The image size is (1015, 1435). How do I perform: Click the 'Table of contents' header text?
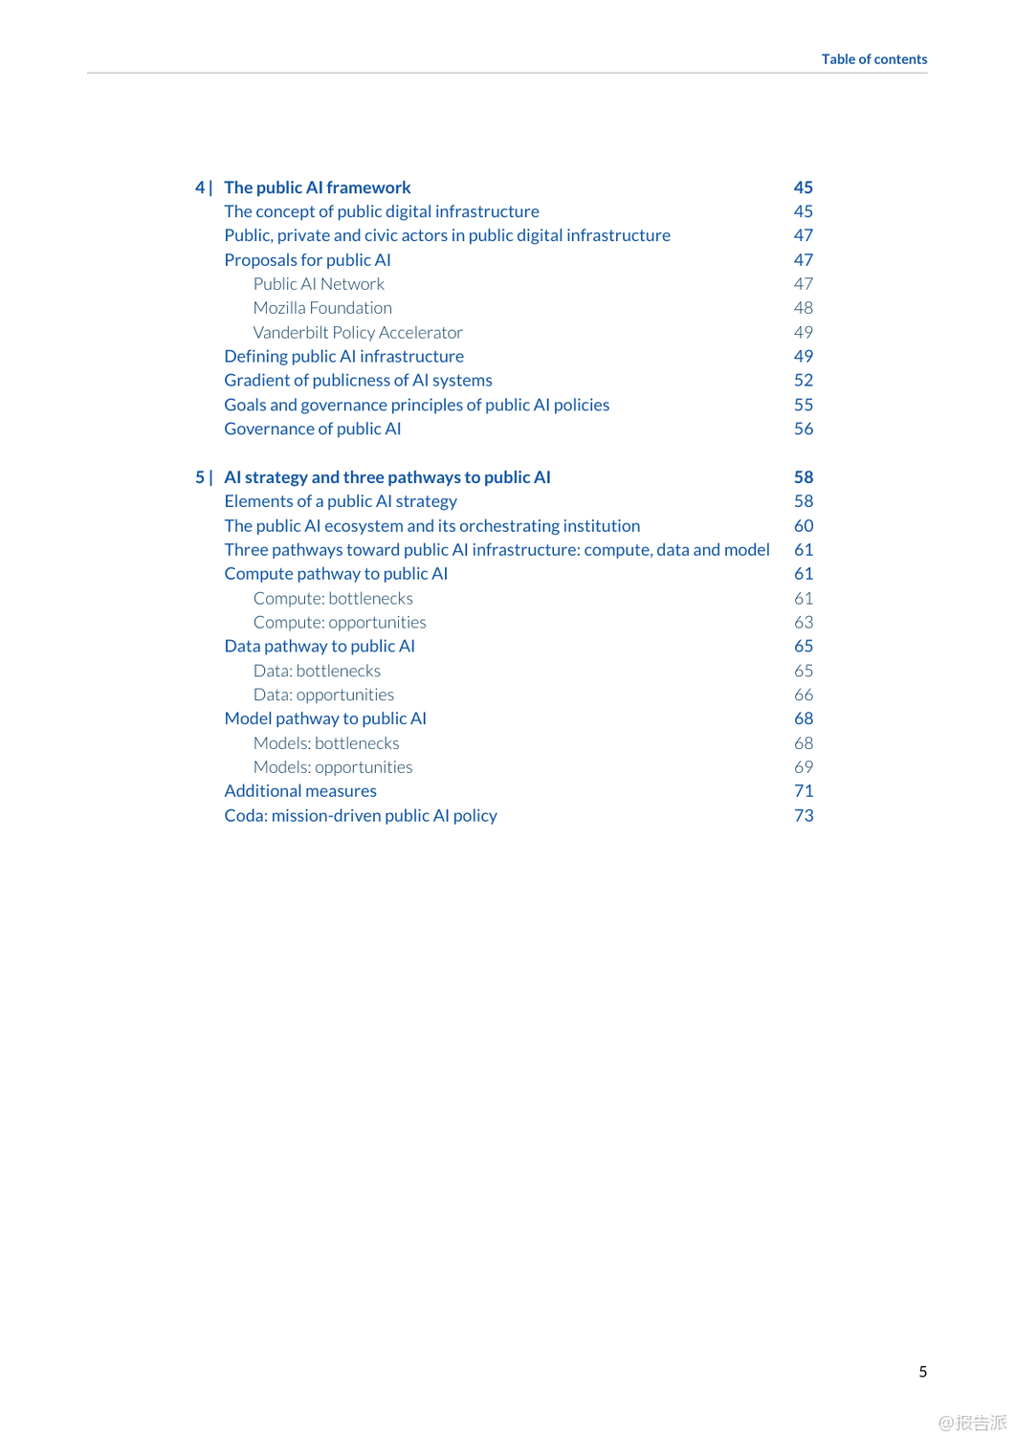click(x=873, y=59)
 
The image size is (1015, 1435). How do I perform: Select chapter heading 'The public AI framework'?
click(x=317, y=188)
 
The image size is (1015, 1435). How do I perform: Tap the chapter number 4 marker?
click(x=200, y=188)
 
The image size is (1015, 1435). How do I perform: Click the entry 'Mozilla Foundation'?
click(x=322, y=308)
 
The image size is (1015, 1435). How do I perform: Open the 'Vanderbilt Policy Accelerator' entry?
click(x=358, y=332)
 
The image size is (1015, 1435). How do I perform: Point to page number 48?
click(x=803, y=308)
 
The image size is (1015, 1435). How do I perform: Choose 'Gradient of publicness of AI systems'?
click(x=358, y=381)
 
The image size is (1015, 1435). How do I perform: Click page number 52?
click(x=803, y=381)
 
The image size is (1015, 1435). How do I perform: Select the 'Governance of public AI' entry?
click(x=312, y=429)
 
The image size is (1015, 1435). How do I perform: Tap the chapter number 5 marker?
click(x=200, y=477)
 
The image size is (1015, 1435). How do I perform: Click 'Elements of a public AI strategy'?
click(x=341, y=501)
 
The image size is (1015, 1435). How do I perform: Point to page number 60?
click(x=803, y=526)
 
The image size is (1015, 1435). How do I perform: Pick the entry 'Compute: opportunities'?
click(x=340, y=622)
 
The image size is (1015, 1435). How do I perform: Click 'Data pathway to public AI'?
click(x=320, y=646)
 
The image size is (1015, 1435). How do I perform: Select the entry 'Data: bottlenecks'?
click(x=317, y=671)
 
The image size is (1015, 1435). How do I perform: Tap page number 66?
click(x=803, y=695)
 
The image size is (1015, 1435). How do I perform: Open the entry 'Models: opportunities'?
click(x=333, y=767)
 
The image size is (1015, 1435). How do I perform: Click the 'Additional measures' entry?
click(x=300, y=791)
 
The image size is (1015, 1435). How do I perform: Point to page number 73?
click(x=803, y=816)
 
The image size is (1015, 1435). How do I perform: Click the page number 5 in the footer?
click(x=922, y=1372)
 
